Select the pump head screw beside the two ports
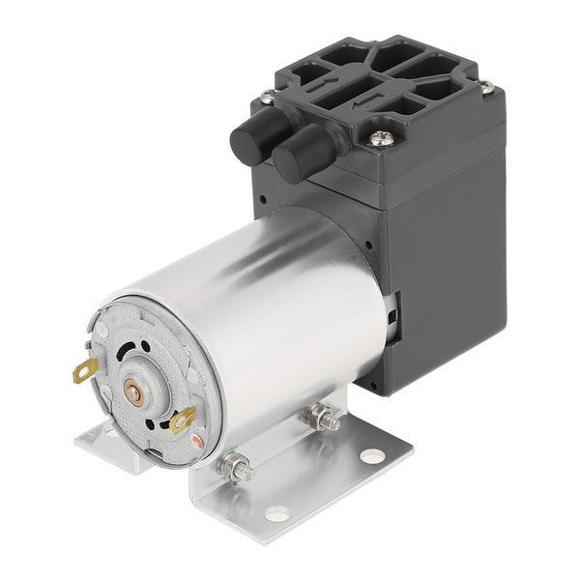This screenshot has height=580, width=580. click(x=268, y=97)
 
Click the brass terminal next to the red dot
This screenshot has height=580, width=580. click(x=181, y=419)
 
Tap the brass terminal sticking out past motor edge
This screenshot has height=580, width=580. click(x=86, y=368)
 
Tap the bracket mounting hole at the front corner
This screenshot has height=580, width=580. click(x=276, y=514)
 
